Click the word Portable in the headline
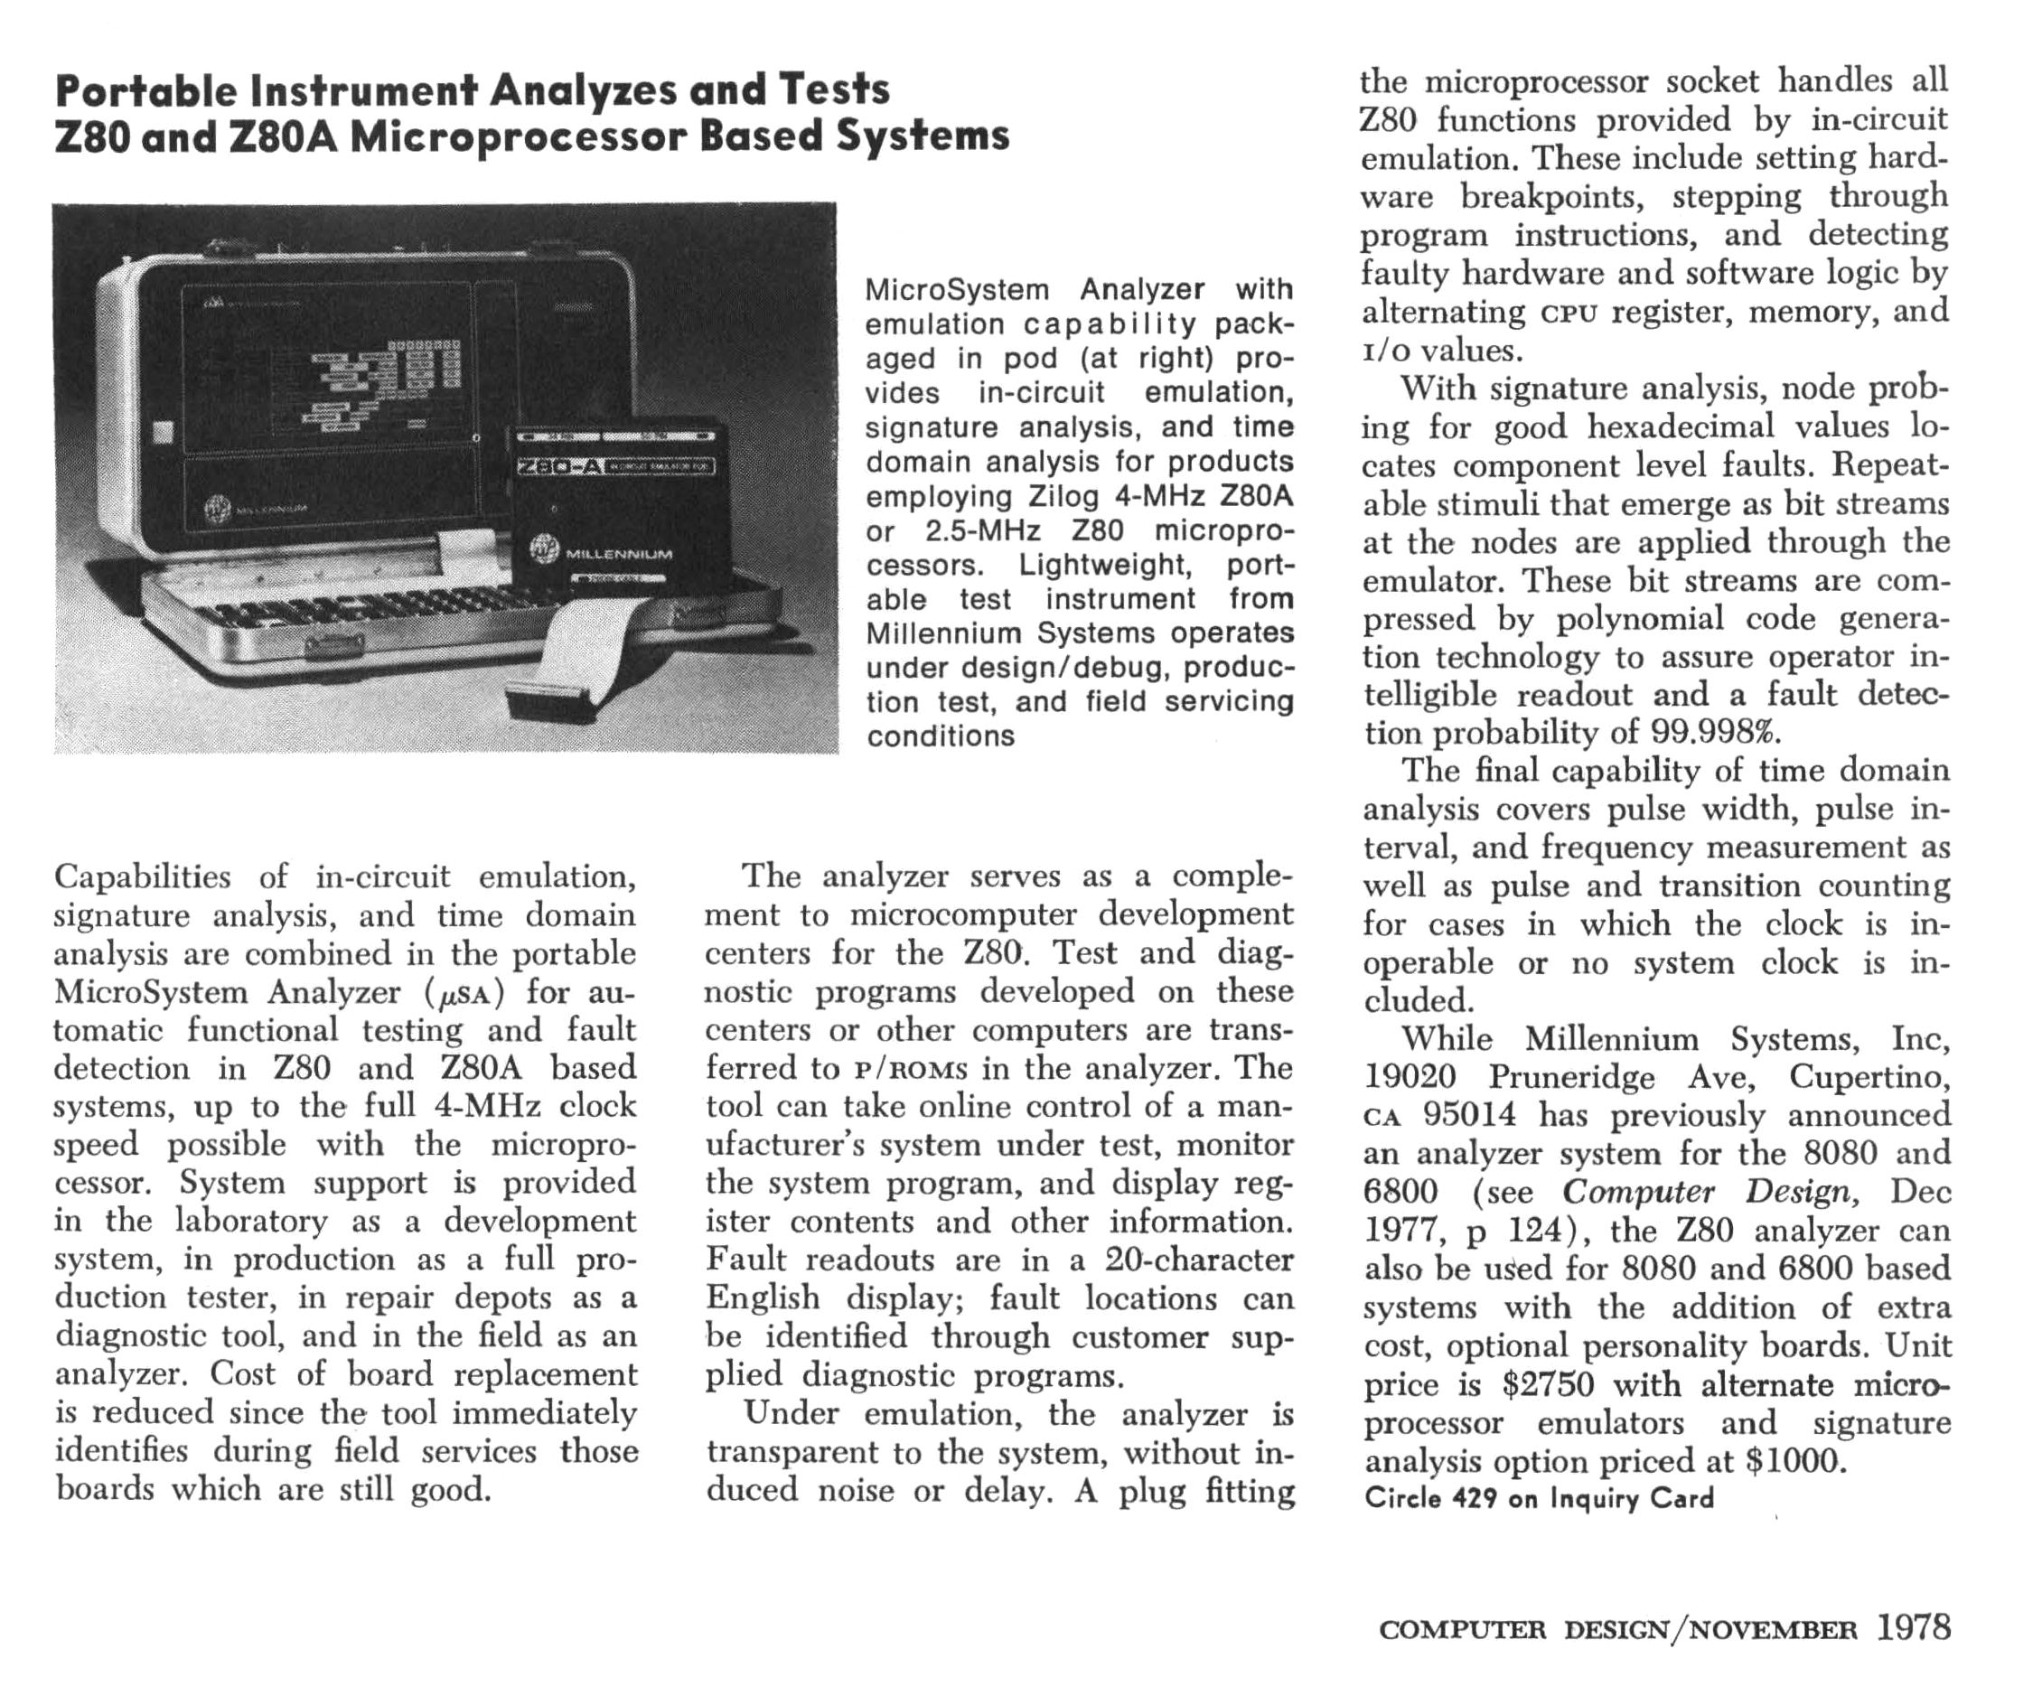tap(145, 90)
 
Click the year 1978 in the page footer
tap(1913, 1628)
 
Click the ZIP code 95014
tap(1469, 1114)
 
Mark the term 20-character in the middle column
tap(1199, 1260)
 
